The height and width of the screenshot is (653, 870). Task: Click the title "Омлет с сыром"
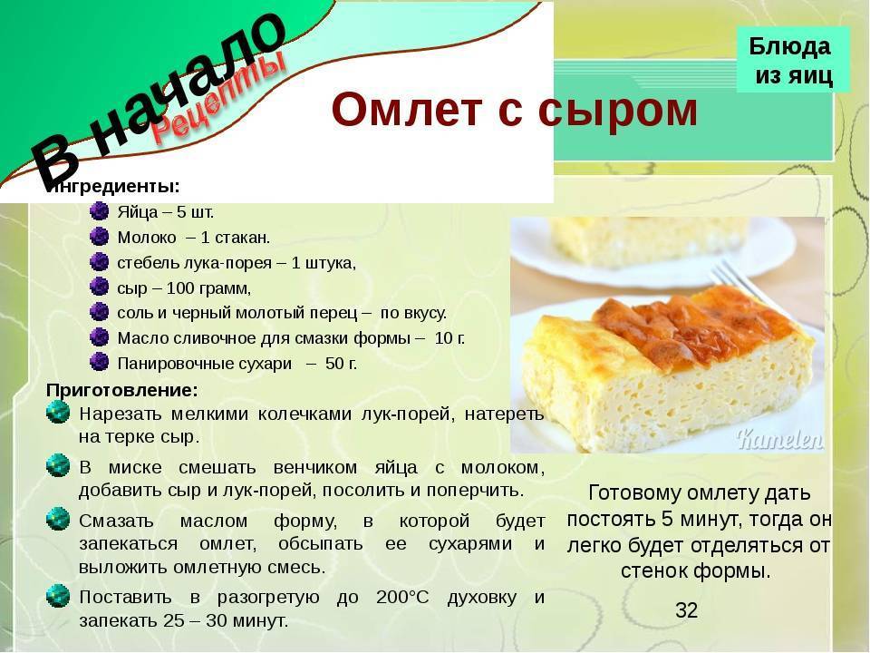pos(514,110)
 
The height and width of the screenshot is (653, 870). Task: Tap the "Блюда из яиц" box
pos(793,60)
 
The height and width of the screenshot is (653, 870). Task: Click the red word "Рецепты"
pos(219,97)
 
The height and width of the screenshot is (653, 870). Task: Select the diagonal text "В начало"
pos(158,99)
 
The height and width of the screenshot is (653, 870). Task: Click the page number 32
pos(686,610)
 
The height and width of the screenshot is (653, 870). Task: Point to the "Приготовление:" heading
pos(122,390)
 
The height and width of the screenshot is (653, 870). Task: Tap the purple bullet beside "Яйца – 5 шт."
pos(99,211)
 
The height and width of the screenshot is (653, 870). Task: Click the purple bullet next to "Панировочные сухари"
pos(99,362)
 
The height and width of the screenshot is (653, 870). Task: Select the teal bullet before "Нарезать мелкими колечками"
pos(58,413)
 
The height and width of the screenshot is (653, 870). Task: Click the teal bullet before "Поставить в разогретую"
pos(58,596)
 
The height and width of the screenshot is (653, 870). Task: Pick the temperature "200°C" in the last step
pos(402,598)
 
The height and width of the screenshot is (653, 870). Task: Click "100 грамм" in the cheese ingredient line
pos(208,288)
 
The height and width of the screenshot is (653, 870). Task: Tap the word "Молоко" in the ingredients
pos(147,238)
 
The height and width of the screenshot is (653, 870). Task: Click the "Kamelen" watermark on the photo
pos(779,439)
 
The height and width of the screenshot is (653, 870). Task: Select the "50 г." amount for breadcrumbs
pos(341,364)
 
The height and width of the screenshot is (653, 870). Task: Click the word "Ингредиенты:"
pos(113,187)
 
